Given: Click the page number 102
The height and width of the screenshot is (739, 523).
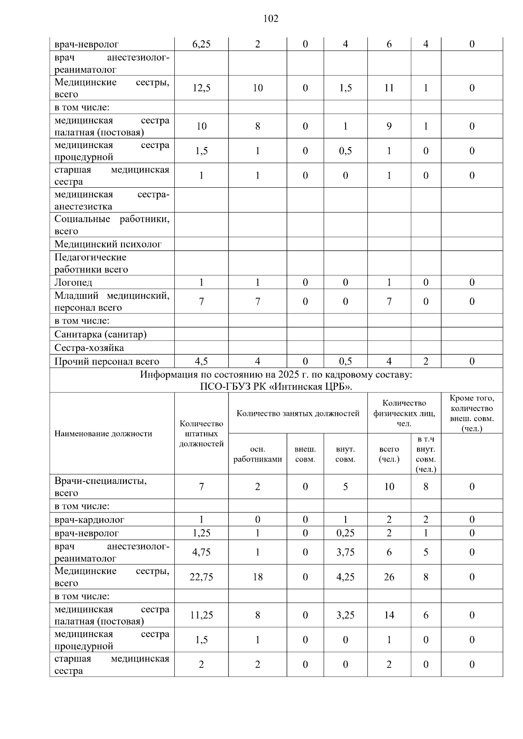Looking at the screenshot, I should pos(271,19).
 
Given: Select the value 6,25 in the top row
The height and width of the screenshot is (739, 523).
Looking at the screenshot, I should pos(201,44).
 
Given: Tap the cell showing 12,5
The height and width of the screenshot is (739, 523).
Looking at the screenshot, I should pos(201,88).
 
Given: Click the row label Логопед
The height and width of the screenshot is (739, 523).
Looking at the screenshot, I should pos(73,283).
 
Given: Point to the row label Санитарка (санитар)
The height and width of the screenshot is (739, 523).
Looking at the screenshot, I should pos(100,334).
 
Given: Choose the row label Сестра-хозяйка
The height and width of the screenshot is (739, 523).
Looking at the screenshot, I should pos(89,348).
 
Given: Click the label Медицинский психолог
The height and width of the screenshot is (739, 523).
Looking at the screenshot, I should pos(108,244).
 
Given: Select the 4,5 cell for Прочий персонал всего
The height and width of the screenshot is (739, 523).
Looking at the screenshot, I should pos(201,361).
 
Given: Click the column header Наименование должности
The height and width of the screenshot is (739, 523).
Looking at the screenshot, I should pos(103,434).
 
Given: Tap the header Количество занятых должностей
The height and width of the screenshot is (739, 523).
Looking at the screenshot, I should pos(298,413).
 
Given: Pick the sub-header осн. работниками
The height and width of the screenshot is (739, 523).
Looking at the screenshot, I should pos(258,454).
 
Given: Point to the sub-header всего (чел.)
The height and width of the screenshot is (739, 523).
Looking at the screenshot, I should pos(389,454).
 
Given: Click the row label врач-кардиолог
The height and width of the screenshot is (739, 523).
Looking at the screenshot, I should pos(89,520).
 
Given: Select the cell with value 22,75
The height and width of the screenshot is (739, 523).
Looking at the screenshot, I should pos(201,577).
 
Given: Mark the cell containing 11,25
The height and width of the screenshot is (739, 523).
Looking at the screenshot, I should pos(201,615).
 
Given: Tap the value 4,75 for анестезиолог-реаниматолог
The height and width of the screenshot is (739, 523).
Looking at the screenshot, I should pos(201,553).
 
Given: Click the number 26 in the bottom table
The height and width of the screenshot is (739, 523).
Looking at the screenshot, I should pos(389,577).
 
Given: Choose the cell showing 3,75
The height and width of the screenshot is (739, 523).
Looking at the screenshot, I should pos(345,553).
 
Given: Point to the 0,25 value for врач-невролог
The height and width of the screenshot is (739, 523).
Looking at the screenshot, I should pos(345,533).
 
